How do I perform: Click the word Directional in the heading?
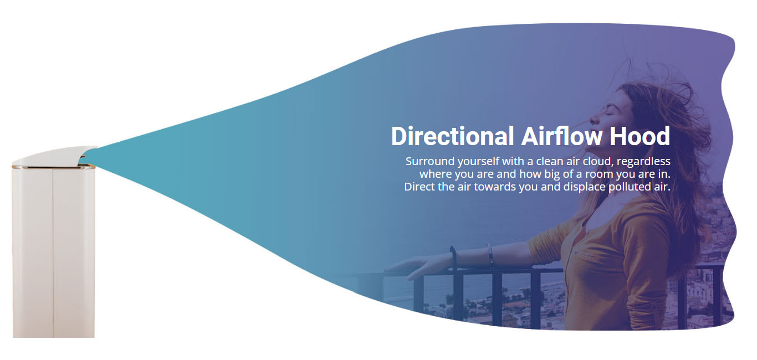(x=452, y=136)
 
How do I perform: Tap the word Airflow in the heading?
(x=562, y=136)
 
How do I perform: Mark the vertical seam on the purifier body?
(x=53, y=253)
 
